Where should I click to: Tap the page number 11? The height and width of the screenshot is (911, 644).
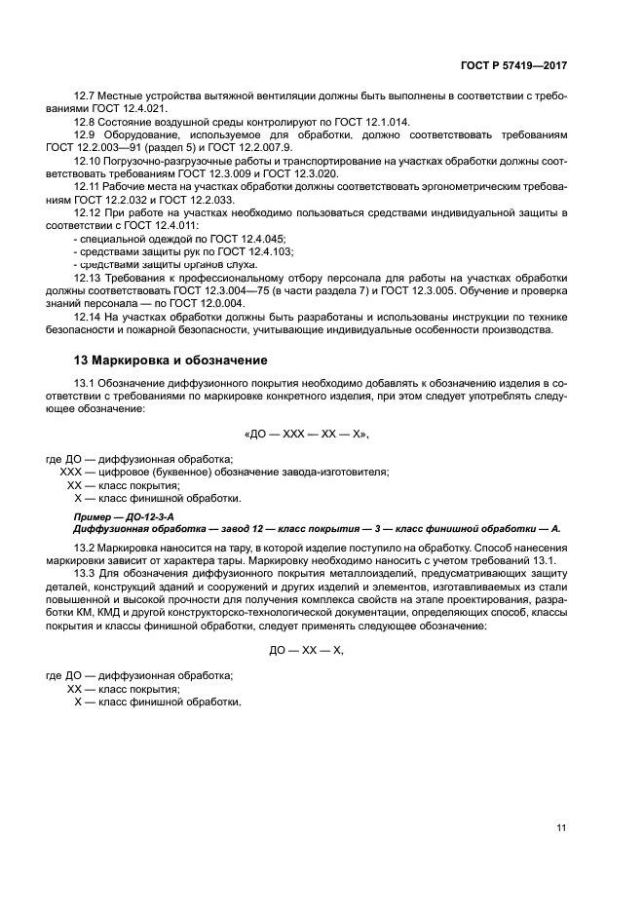coord(561,828)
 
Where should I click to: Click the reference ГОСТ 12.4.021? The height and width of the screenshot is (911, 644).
coord(128,109)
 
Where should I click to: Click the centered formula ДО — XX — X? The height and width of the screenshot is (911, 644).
coord(306,651)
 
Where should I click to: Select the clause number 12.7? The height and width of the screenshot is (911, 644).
coord(85,96)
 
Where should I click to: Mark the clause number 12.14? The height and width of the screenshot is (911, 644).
coord(88,317)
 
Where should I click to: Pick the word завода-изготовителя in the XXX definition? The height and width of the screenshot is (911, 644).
coord(332,472)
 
